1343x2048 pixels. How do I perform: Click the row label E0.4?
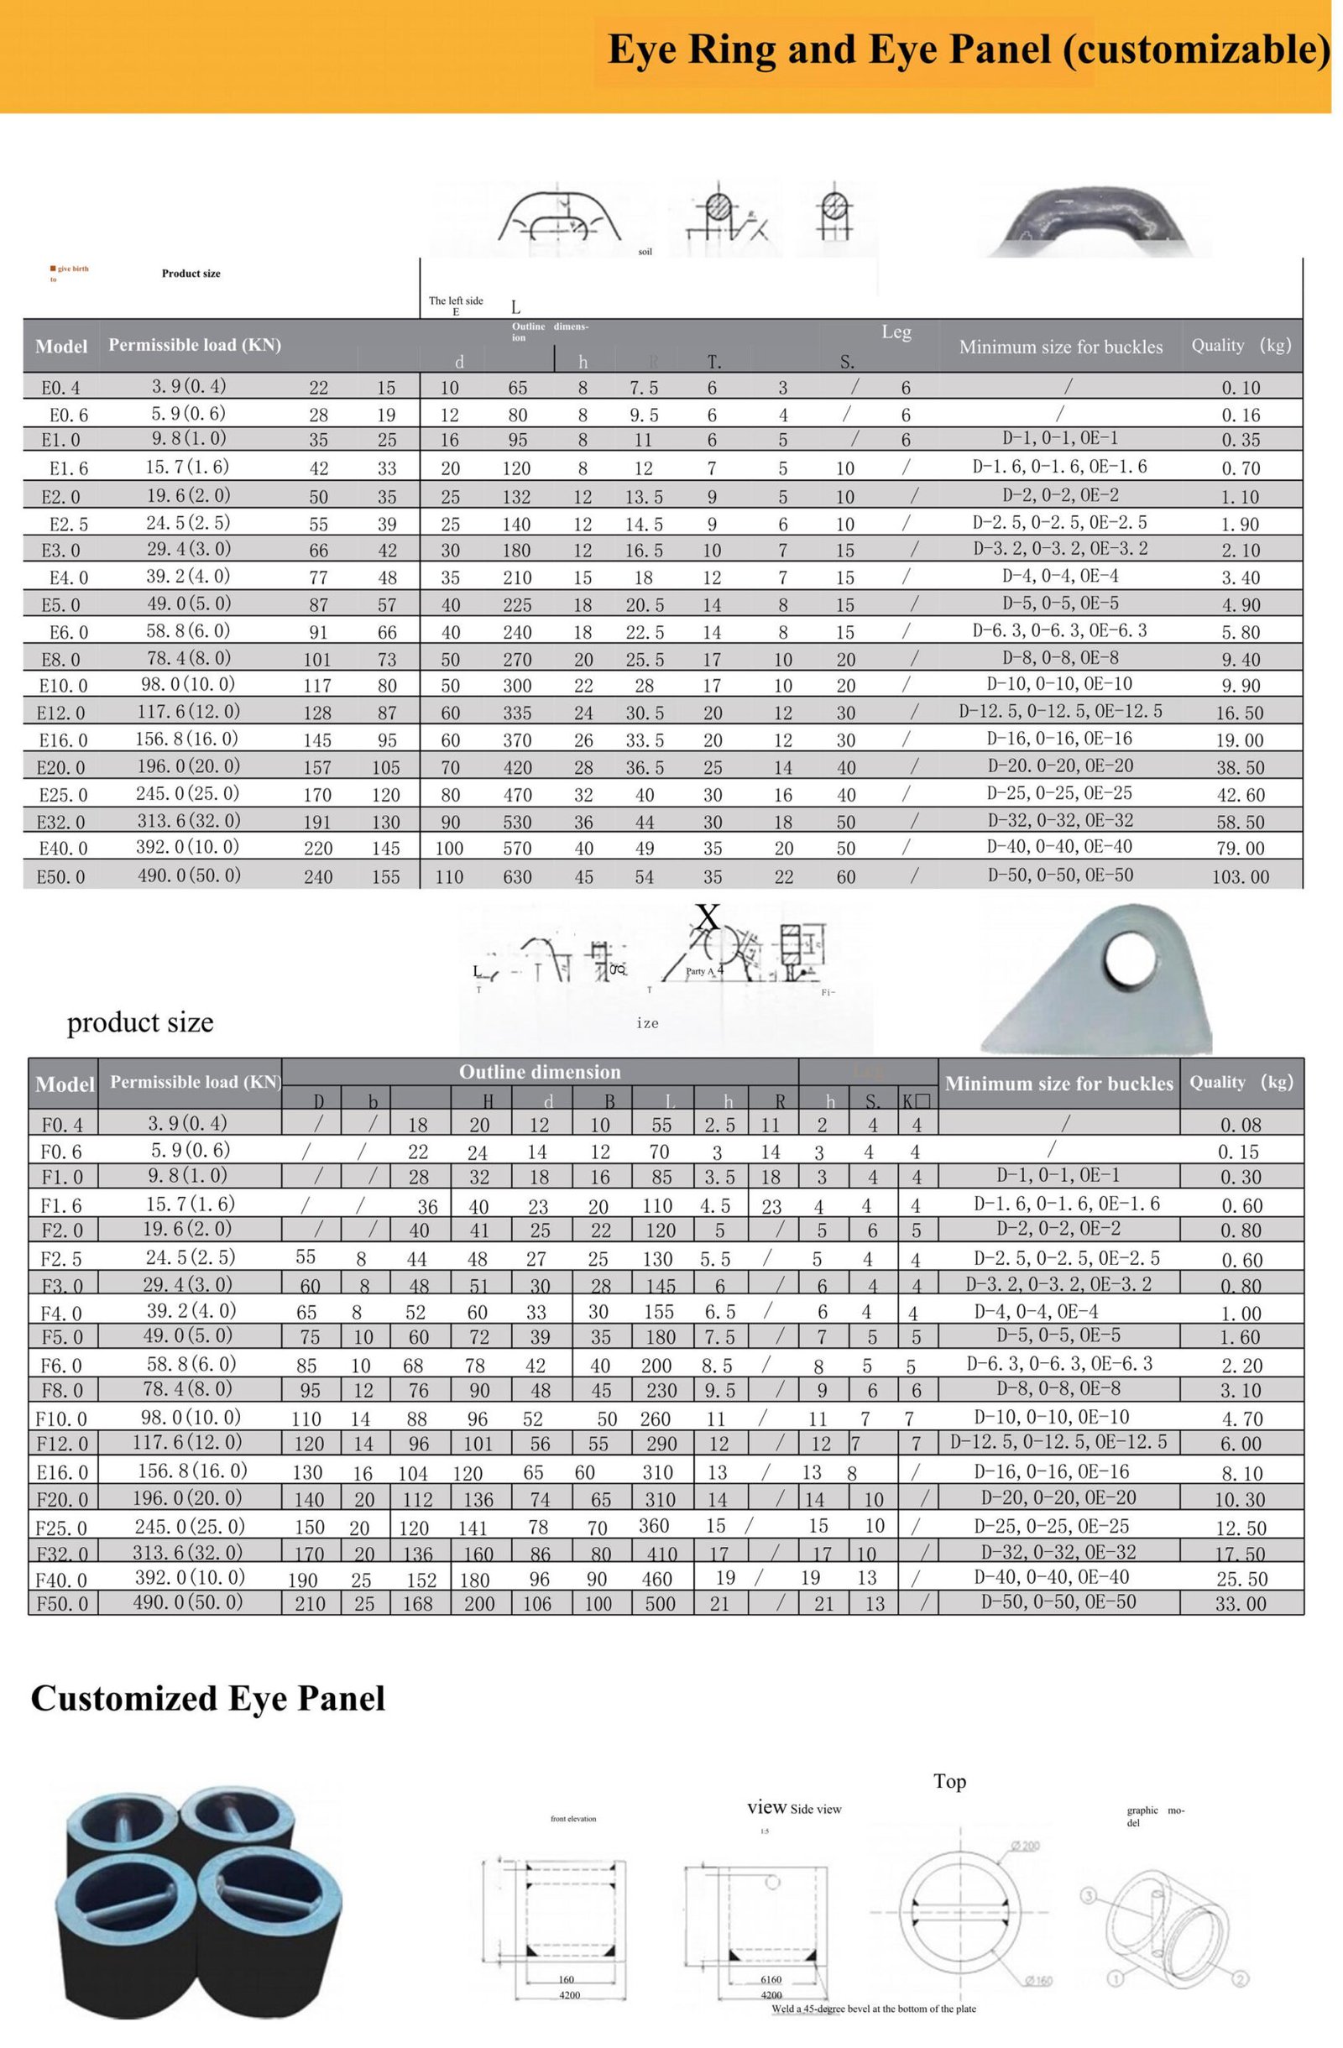click(61, 388)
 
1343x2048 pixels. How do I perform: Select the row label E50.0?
click(63, 877)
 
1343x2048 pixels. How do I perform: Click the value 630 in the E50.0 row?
click(517, 877)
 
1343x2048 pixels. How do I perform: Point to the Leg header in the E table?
click(896, 332)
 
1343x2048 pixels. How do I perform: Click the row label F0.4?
click(62, 1124)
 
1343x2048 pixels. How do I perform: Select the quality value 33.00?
click(1240, 1603)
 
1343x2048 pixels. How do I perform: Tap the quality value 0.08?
click(1240, 1125)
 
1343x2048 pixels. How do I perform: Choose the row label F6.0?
click(62, 1366)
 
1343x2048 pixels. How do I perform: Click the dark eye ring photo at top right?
click(1094, 221)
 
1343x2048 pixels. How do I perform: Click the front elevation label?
click(573, 1819)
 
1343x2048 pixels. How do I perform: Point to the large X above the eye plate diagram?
click(707, 917)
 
